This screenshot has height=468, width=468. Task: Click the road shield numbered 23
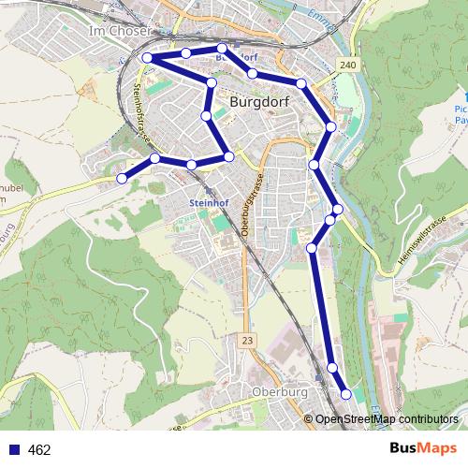point(246,340)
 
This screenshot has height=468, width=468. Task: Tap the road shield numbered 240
point(349,65)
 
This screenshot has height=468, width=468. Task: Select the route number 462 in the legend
point(39,450)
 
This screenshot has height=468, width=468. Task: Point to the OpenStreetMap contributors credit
point(386,420)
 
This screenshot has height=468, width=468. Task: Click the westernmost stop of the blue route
point(122,178)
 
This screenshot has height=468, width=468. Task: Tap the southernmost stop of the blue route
point(346,394)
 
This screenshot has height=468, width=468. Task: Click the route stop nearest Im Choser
point(147,58)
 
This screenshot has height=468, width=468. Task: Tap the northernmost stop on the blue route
point(222,48)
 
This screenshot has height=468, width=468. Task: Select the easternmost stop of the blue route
point(346,394)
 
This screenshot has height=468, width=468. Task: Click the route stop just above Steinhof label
point(191,165)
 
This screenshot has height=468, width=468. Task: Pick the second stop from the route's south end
point(332,368)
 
